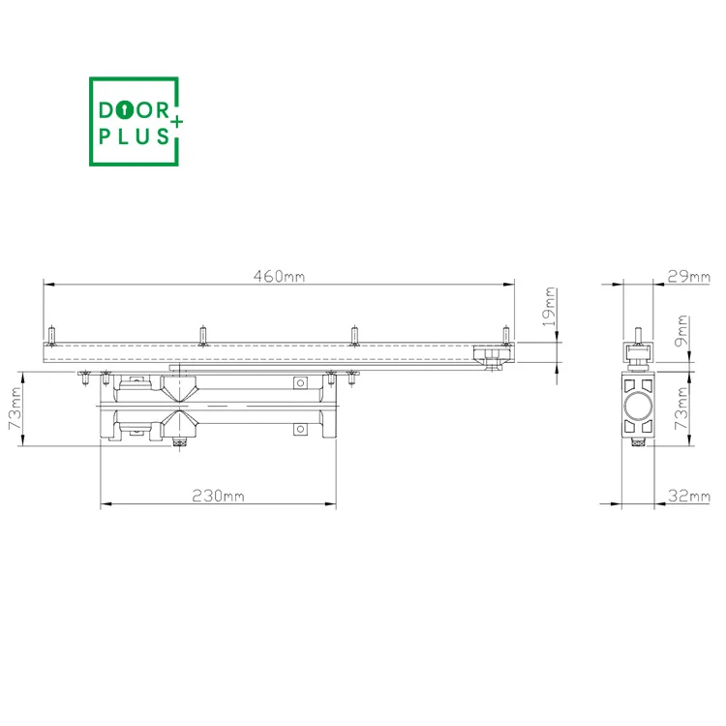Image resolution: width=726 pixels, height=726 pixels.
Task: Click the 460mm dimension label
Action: tap(280, 277)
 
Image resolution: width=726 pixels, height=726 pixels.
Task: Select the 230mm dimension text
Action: tap(219, 496)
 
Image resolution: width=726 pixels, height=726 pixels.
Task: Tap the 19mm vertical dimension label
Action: tap(549, 306)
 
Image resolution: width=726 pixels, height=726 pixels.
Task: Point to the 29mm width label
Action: tap(688, 277)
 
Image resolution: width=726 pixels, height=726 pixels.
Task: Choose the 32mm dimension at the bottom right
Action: tap(688, 496)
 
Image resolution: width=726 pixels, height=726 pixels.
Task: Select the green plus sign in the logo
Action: tap(177, 121)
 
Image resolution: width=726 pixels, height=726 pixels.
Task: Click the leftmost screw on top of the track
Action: tap(51, 334)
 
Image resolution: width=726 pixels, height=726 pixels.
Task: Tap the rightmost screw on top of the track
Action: tap(504, 334)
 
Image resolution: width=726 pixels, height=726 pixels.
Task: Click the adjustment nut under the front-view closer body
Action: tap(178, 444)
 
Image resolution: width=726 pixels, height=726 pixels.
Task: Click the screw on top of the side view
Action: tap(638, 335)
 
